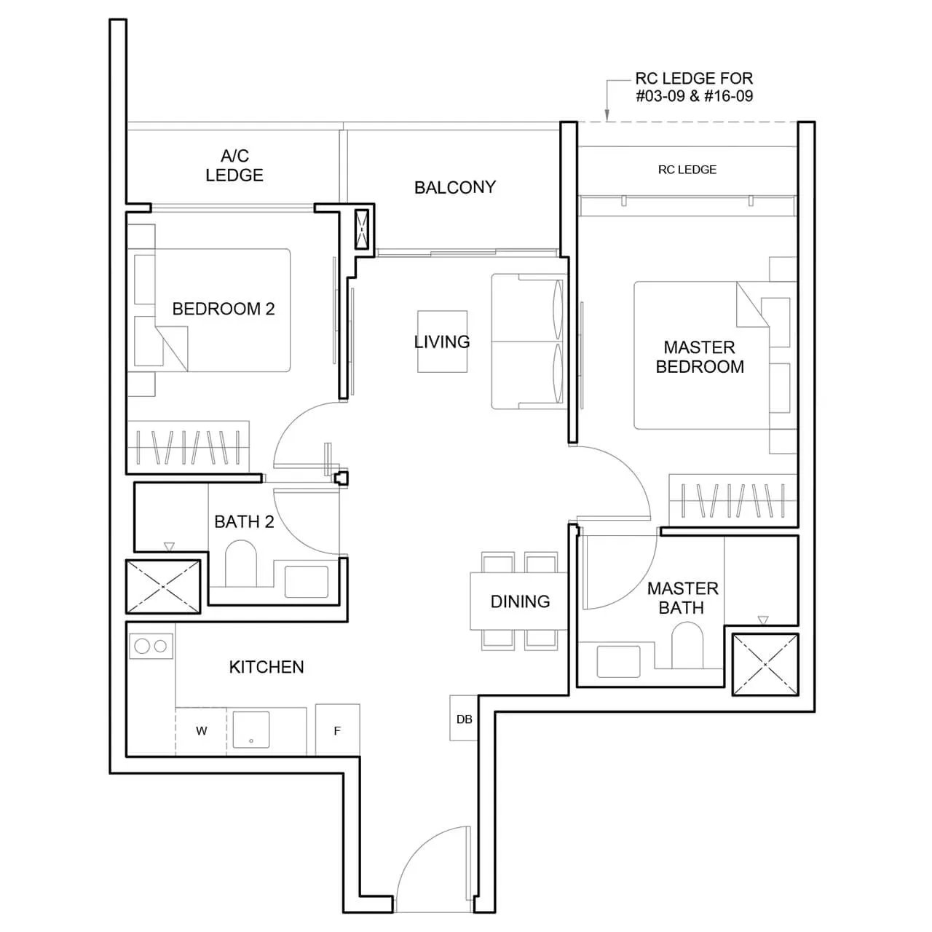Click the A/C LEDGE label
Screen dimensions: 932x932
coord(234,165)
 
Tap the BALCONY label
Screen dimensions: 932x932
coord(454,187)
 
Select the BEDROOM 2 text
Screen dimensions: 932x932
coord(223,309)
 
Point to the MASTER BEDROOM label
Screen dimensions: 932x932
coord(699,357)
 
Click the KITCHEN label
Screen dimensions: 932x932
coord(266,667)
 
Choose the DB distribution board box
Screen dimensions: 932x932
coord(464,719)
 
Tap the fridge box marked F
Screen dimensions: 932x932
coord(337,730)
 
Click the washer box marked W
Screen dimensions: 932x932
coord(201,731)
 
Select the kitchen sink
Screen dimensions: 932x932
coord(250,731)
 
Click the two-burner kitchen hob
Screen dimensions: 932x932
coord(151,646)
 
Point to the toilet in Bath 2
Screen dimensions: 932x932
coord(241,564)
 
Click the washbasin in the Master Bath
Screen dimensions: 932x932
coord(618,660)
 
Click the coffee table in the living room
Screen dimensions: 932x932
coord(442,341)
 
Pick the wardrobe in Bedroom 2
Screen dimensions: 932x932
coord(189,446)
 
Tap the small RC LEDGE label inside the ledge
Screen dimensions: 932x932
coord(687,170)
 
